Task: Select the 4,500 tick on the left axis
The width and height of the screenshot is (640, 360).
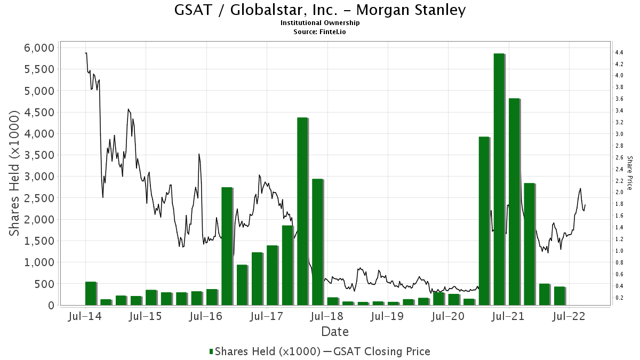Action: click(39, 112)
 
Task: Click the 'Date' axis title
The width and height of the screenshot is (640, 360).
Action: click(335, 332)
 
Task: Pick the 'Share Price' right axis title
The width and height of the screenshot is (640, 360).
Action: click(630, 173)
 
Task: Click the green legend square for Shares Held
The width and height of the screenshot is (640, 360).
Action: click(211, 351)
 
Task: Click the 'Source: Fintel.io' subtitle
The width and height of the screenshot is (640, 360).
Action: click(320, 31)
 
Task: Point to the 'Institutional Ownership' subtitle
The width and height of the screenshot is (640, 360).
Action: click(320, 23)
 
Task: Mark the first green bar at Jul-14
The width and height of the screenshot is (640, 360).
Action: click(91, 293)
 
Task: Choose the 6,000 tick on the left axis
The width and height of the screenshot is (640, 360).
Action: click(39, 47)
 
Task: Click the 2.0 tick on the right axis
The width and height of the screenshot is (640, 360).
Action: click(619, 192)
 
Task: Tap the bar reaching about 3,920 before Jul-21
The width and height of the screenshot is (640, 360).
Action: click(484, 221)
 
